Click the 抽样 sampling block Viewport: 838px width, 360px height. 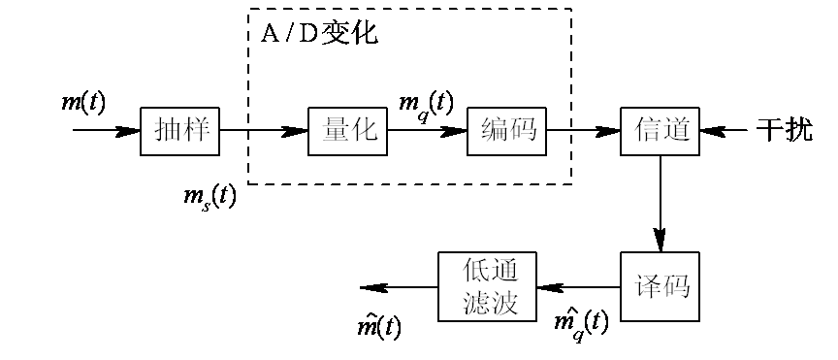click(x=180, y=130)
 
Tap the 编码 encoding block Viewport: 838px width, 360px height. click(x=506, y=130)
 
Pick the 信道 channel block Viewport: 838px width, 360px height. click(x=661, y=130)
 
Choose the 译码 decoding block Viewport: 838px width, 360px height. click(x=661, y=287)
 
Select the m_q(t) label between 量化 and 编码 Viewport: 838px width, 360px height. click(x=427, y=103)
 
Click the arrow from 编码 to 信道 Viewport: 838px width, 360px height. click(x=583, y=130)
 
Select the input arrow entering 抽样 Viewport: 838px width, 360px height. click(x=107, y=130)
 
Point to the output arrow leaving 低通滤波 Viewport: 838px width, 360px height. click(x=398, y=287)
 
